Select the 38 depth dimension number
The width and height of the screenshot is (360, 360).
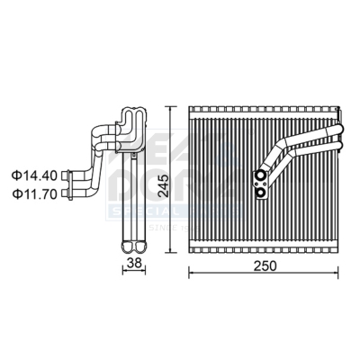click(x=134, y=264)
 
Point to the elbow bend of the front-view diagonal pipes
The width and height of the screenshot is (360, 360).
click(x=284, y=148)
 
